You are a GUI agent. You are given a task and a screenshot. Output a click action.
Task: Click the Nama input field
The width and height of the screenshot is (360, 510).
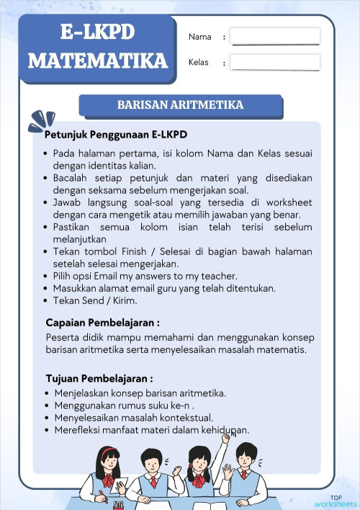pyautogui.click(x=275, y=36)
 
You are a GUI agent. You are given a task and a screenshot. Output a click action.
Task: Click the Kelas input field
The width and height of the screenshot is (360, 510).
pyautogui.click(x=275, y=63)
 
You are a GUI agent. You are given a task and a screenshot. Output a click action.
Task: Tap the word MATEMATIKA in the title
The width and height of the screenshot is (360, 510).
pyautogui.click(x=98, y=60)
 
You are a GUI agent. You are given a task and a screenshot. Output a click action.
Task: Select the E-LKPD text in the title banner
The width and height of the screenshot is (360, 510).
pyautogui.click(x=98, y=32)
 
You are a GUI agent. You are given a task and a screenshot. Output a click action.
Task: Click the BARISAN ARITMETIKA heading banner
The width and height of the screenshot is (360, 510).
pyautogui.click(x=180, y=105)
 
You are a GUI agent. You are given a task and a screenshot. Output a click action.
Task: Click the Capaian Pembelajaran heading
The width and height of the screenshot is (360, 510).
pyautogui.click(x=102, y=322)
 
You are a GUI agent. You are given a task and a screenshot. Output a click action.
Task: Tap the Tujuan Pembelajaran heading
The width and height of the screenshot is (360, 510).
pyautogui.click(x=99, y=378)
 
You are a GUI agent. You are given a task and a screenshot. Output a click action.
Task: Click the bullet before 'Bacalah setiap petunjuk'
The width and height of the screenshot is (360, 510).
pyautogui.click(x=46, y=178)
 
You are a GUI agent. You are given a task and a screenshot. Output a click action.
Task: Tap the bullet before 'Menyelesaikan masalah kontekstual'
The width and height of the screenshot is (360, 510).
pyautogui.click(x=47, y=418)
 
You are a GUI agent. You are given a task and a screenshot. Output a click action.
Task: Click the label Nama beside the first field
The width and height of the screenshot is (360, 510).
pyautogui.click(x=200, y=37)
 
